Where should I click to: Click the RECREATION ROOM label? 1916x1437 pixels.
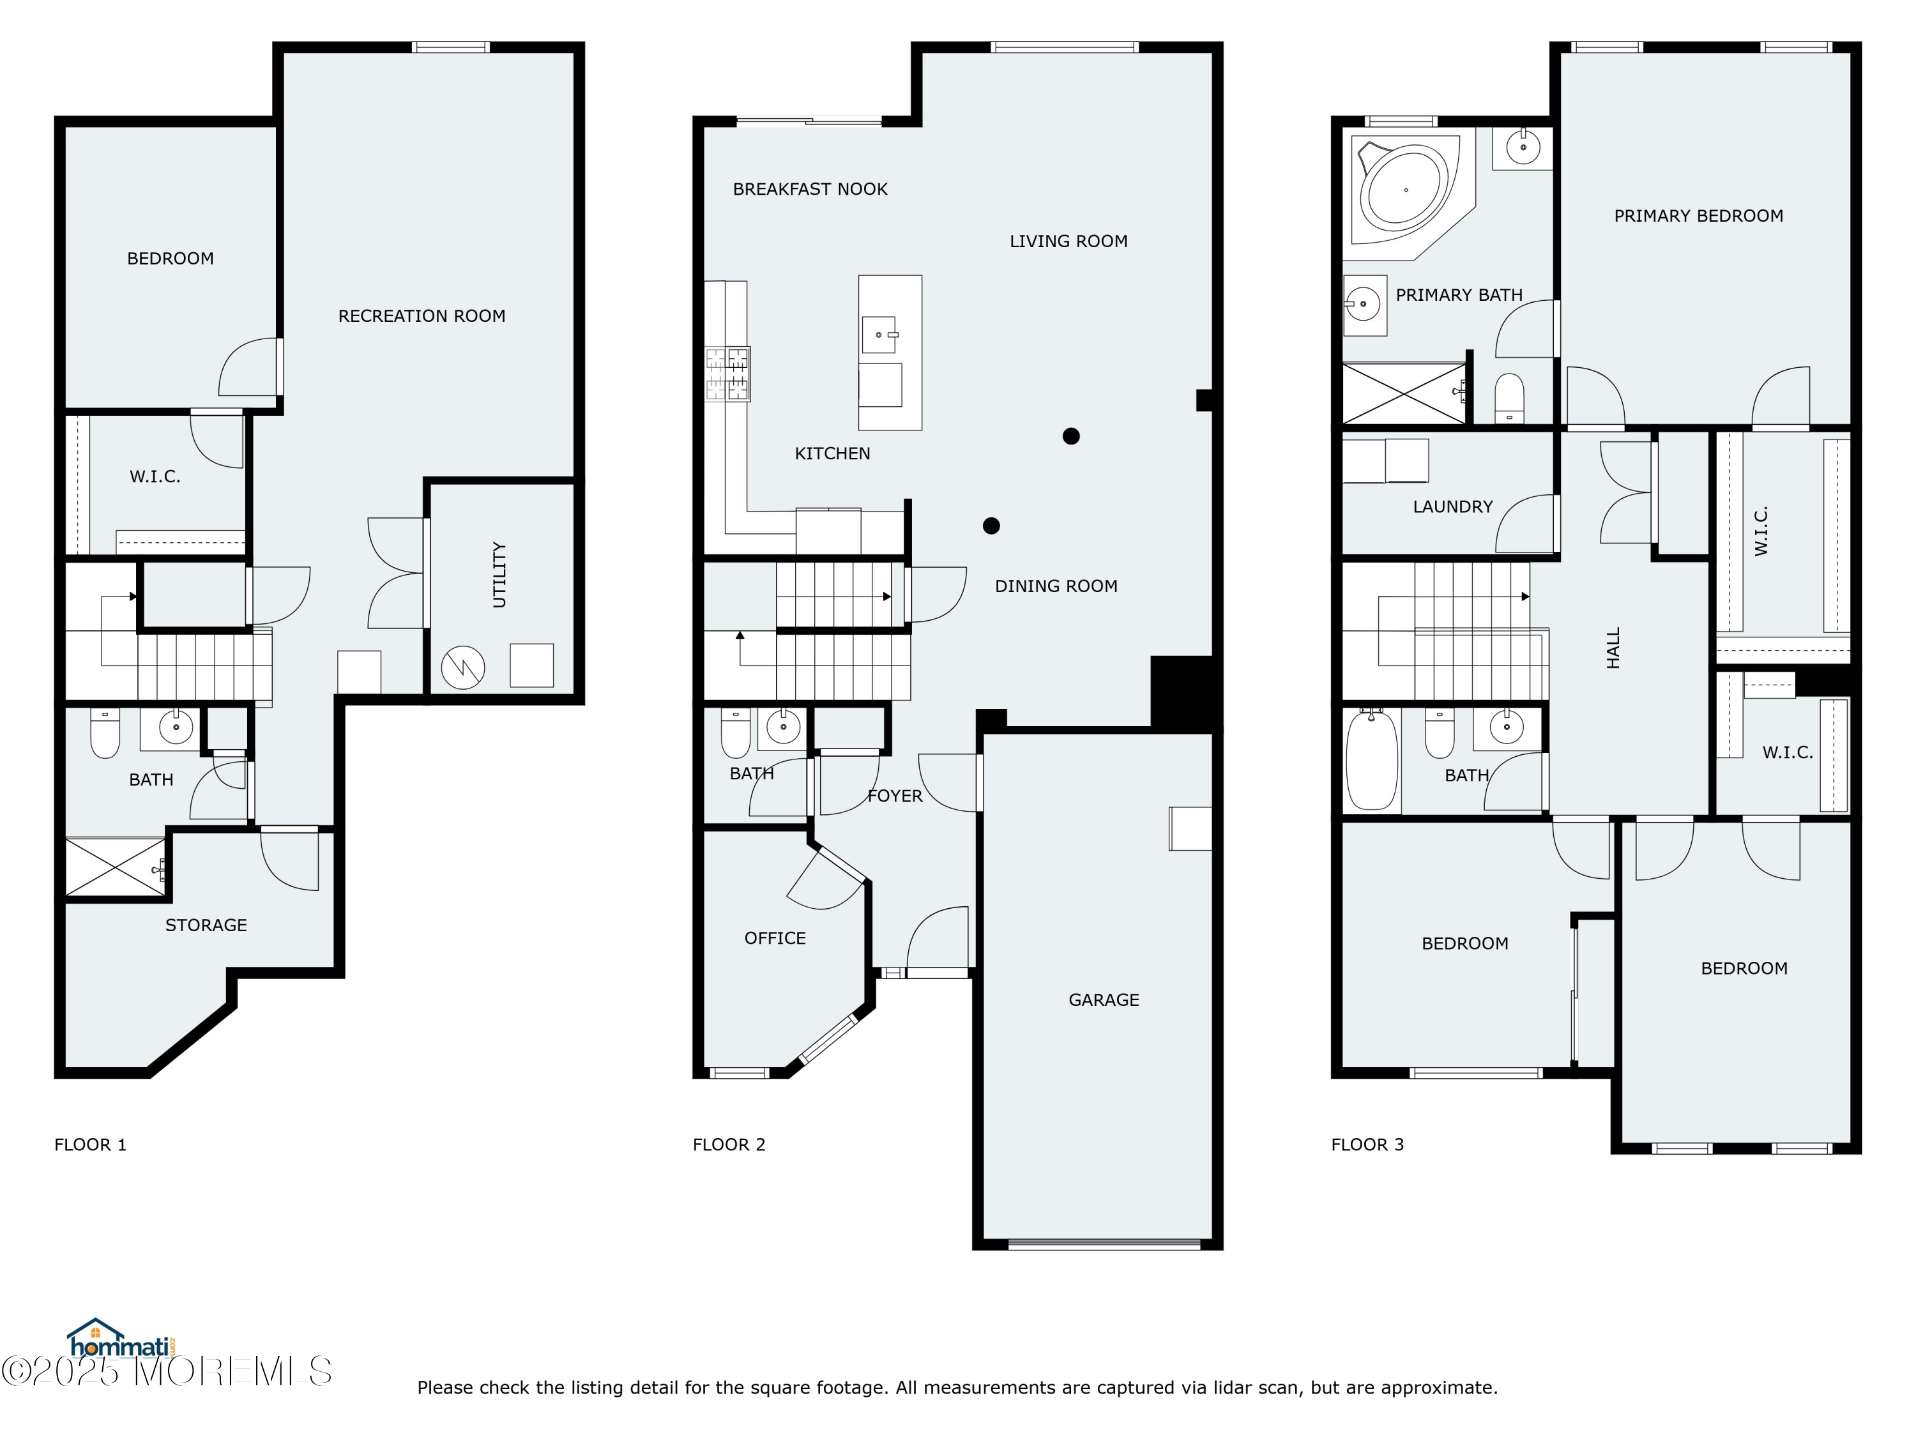pos(421,316)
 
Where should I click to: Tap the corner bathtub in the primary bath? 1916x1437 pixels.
pos(1403,190)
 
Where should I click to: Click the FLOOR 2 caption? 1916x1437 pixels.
pos(729,1144)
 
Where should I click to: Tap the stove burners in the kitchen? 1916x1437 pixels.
pos(727,374)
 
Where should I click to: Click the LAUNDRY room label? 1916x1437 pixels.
pos(1452,506)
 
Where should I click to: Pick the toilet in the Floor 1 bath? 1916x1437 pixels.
pos(105,734)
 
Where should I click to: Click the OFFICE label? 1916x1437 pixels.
pos(774,938)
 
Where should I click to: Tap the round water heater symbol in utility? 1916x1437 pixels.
pos(462,668)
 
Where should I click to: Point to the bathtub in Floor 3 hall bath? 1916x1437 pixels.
pos(1371,759)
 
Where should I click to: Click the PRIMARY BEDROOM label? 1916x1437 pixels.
pos(1698,216)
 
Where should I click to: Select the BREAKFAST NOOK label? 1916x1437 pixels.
pos(809,189)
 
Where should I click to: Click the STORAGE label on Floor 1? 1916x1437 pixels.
pos(206,925)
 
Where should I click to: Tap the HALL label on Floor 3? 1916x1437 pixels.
pos(1613,648)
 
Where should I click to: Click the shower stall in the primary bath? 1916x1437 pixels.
pos(1403,394)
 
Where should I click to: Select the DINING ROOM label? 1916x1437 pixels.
pos(1055,586)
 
